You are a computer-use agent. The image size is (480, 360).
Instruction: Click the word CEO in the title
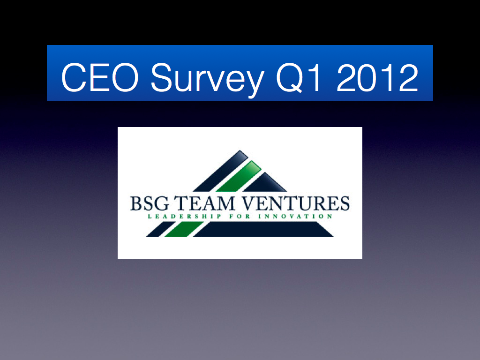point(100,77)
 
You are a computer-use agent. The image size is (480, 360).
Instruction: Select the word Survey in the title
point(207,80)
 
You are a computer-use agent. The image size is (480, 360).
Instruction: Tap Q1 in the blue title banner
point(299,78)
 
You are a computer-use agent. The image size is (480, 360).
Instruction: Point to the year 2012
point(377,77)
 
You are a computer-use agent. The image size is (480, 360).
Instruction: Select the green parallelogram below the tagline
point(184,229)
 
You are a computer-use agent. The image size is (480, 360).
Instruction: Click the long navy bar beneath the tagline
point(263,229)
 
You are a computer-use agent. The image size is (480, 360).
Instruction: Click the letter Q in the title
point(290,78)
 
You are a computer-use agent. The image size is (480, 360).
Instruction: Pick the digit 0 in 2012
point(366,77)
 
